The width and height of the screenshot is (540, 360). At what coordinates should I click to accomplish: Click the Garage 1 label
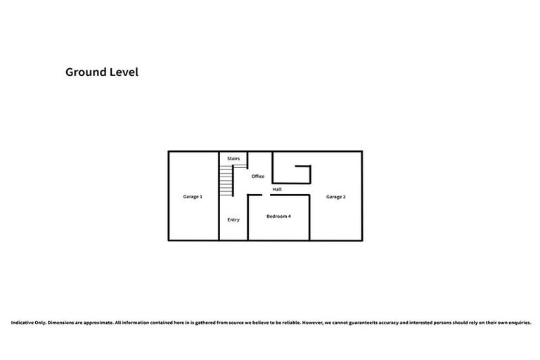coord(193,197)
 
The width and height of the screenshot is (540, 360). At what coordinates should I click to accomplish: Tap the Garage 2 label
coord(335,197)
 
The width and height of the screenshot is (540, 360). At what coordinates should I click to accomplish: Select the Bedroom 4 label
coord(278,216)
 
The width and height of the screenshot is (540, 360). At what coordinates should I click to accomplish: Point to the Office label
coord(258,176)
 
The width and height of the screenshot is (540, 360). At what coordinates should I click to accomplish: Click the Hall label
coord(277,190)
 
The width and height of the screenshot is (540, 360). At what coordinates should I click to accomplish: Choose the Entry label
coord(233,220)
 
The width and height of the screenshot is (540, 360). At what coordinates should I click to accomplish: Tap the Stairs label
coord(233,159)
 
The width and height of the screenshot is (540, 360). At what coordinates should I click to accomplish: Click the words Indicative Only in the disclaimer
coord(28,323)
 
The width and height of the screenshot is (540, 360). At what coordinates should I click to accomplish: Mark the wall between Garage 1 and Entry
coord(219,211)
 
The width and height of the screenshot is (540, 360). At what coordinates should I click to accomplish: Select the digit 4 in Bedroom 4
coord(289,216)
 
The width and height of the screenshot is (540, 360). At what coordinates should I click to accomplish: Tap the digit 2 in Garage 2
coord(344,197)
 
